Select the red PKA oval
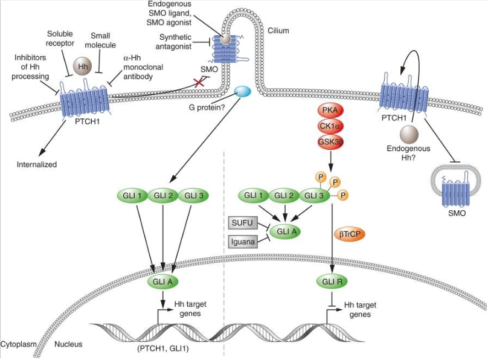pos(330,110)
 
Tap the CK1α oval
pos(330,126)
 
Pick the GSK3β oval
pos(330,141)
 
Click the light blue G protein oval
pos(243,92)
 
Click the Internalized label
pos(37,164)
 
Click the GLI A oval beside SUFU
pos(286,231)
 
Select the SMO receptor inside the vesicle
pos(454,192)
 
